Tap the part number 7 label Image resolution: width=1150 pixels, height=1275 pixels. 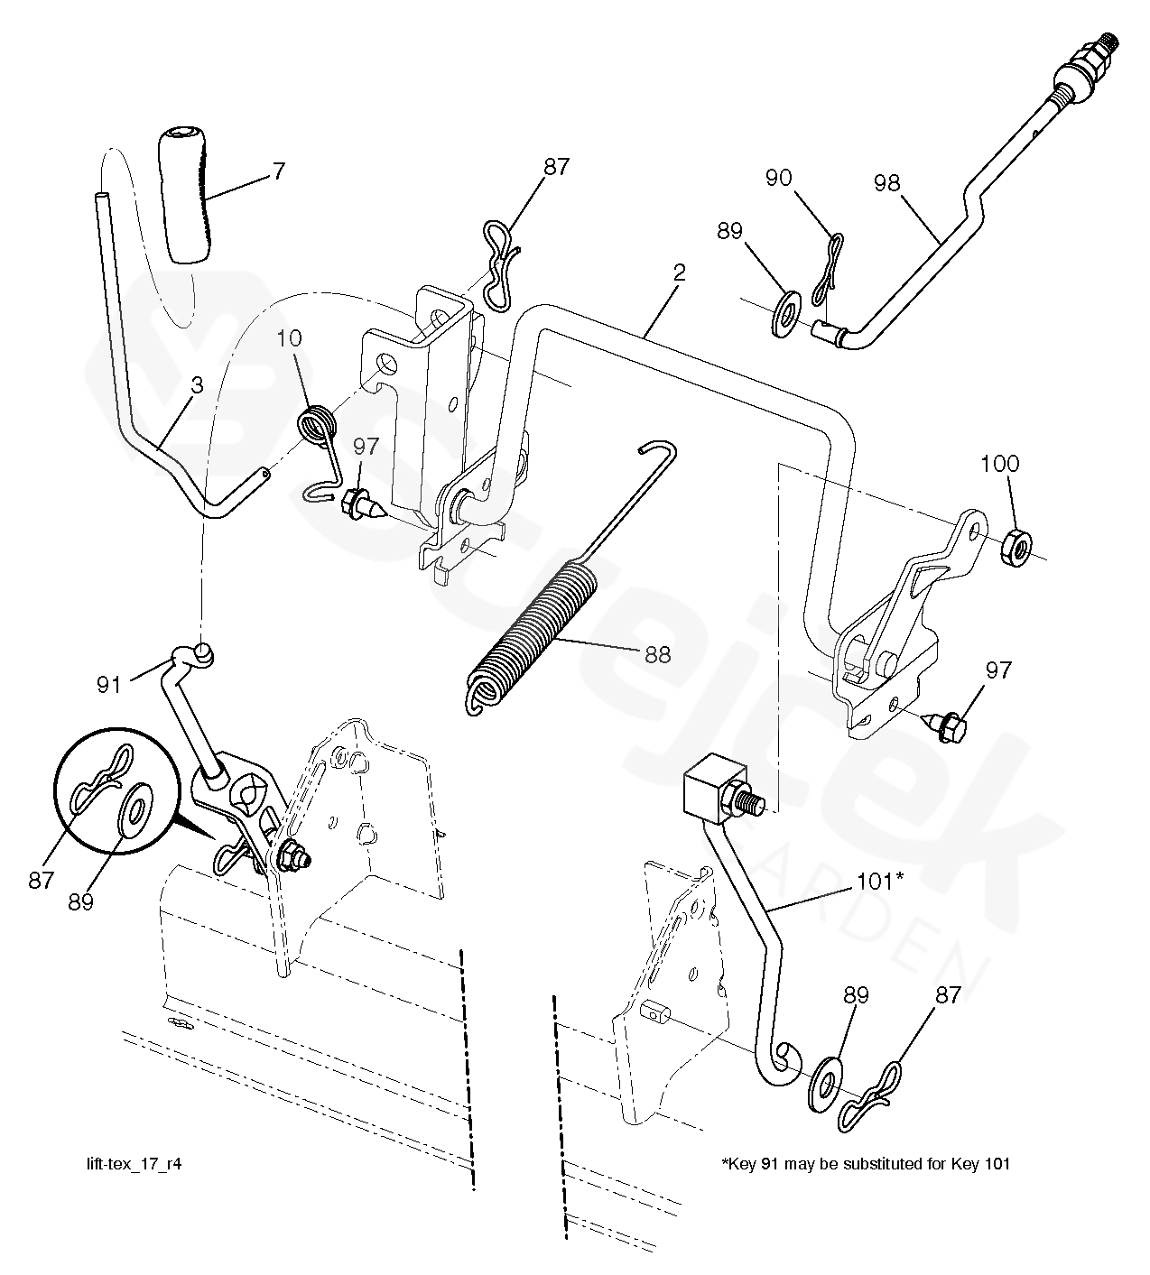[279, 171]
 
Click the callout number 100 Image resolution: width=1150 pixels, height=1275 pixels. [999, 464]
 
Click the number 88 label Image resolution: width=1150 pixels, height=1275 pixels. [657, 654]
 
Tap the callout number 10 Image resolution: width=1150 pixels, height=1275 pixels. [291, 339]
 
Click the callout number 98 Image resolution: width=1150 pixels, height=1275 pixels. [886, 183]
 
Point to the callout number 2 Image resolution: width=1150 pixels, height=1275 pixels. [679, 273]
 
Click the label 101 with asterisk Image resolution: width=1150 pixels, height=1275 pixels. [879, 881]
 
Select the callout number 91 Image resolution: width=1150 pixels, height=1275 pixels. [109, 685]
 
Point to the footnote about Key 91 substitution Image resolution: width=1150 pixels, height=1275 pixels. [865, 1163]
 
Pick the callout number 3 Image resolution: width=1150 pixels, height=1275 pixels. [197, 385]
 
